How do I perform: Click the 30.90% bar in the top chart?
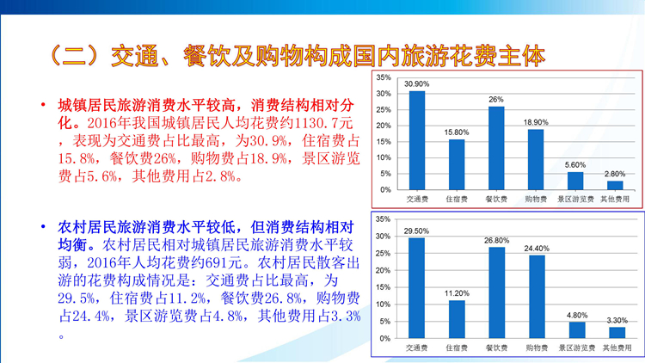coord(417,140)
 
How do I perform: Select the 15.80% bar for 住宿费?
coord(457,164)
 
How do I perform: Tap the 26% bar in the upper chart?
coord(496,148)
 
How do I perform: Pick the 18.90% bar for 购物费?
coord(536,160)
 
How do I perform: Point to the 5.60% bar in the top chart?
coord(575,181)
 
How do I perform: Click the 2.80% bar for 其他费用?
coord(615,185)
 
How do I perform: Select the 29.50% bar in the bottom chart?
coord(417,288)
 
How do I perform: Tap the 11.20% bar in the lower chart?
coord(457,319)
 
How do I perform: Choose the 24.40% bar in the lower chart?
coord(537,297)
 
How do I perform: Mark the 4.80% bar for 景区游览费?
coord(577,330)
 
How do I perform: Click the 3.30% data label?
coord(617,320)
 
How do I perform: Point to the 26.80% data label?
coord(496,240)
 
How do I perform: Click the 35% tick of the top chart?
coord(384,77)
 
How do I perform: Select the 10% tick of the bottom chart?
coord(383,305)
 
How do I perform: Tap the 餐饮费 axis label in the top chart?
coord(496,200)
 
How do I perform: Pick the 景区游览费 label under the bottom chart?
coord(577,348)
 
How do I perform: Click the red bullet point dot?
coord(43,105)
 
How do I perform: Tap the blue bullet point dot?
coord(43,226)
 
